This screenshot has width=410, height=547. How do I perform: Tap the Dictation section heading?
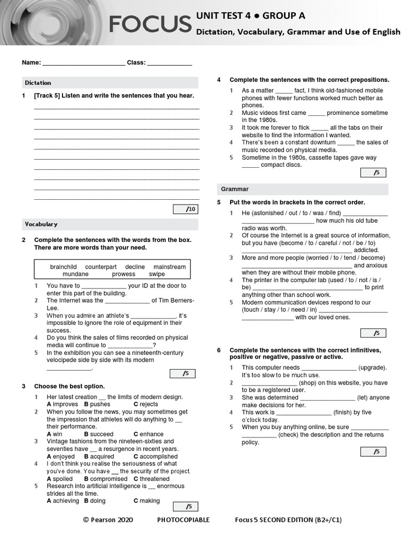(38, 83)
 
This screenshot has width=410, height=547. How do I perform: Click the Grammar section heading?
(235, 189)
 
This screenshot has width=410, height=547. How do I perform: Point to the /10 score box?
(186, 209)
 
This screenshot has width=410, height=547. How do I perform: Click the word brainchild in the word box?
(64, 267)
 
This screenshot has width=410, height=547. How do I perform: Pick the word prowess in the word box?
(123, 274)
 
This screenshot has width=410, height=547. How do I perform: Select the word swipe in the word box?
(157, 274)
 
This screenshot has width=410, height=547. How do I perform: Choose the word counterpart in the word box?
(101, 267)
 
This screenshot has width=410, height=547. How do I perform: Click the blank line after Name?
(83, 63)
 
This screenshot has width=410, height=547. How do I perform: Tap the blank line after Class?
(169, 63)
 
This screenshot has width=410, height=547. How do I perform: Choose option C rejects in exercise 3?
(145, 404)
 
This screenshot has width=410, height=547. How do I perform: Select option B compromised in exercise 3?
(106, 479)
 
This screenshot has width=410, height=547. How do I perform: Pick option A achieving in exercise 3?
(62, 501)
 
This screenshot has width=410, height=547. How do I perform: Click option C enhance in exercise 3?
(148, 434)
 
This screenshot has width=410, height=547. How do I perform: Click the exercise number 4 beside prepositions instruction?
(219, 80)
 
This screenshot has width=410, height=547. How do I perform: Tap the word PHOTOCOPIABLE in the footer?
(184, 520)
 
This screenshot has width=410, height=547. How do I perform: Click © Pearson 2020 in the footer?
(108, 520)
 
